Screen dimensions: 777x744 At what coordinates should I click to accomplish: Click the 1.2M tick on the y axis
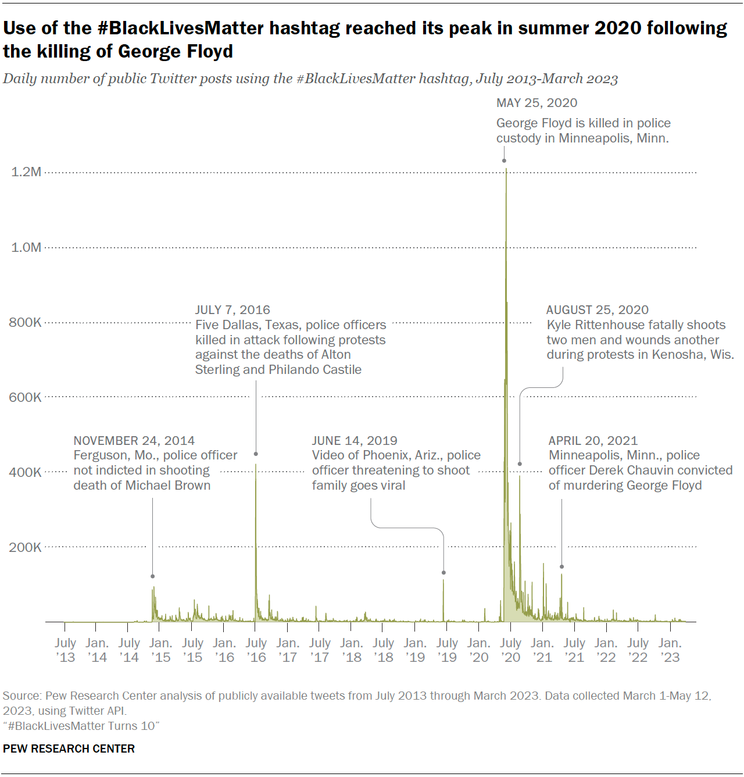tap(26, 172)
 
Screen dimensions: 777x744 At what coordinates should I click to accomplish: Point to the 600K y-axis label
tap(25, 397)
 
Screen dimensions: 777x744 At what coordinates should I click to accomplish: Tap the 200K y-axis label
tap(25, 547)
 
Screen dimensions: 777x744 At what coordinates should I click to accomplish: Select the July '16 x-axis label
tap(256, 650)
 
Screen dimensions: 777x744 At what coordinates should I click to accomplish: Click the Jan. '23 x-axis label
tap(670, 650)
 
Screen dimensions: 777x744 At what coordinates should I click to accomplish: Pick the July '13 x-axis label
tap(65, 650)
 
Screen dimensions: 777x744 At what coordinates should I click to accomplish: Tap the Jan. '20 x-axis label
tap(478, 650)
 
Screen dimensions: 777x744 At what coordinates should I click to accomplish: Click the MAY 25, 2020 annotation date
tap(536, 103)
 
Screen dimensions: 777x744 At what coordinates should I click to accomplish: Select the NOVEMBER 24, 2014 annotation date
tap(134, 441)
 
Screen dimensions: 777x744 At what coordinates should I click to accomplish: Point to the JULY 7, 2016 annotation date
tap(233, 310)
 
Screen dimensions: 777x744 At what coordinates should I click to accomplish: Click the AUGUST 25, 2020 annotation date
tap(597, 310)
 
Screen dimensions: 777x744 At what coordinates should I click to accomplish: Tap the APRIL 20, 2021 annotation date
tap(593, 441)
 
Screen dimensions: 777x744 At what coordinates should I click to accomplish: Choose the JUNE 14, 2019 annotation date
tap(355, 441)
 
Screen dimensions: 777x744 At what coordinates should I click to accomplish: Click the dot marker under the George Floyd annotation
tap(504, 161)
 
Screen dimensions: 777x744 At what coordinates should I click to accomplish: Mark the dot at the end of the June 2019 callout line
tap(443, 573)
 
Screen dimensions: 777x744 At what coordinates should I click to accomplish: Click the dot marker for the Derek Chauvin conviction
tap(561, 566)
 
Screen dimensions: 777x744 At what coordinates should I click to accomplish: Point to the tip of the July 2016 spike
tap(256, 465)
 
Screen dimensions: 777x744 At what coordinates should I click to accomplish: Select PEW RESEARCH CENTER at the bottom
tap(69, 749)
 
